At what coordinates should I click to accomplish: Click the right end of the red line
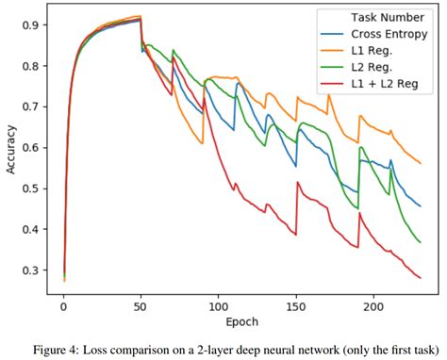(x=421, y=278)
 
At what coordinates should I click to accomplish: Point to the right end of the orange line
(x=421, y=164)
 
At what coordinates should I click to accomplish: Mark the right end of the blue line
(x=421, y=206)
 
